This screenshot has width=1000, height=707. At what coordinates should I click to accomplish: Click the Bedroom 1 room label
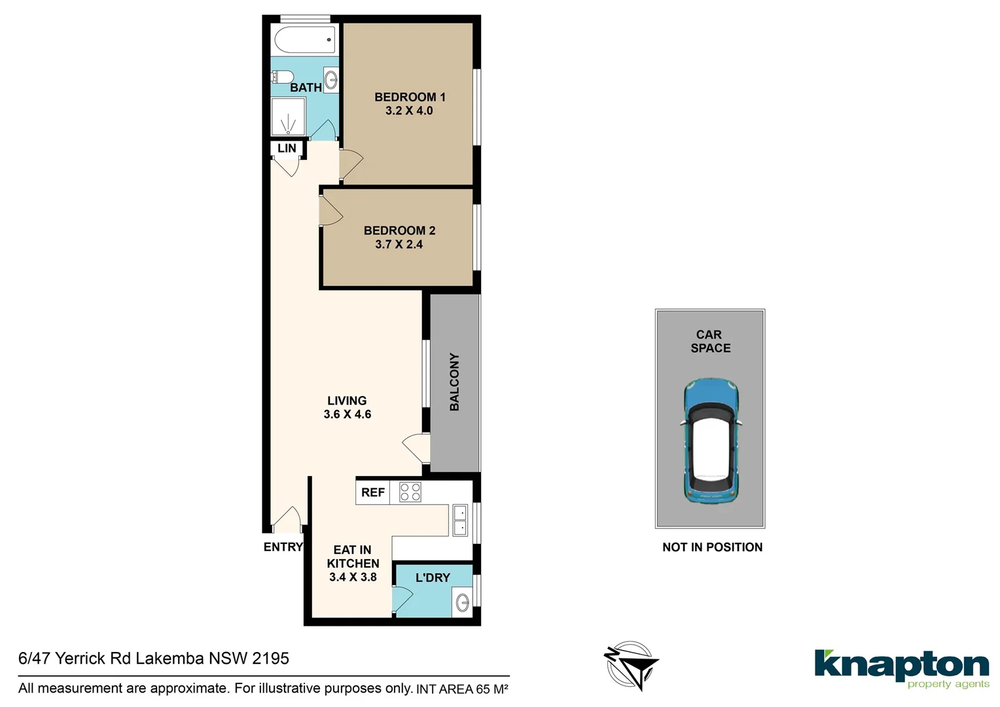pos(410,97)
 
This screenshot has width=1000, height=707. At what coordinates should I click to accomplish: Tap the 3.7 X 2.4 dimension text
pos(399,244)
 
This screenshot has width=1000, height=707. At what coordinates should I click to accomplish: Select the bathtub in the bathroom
pos(305,40)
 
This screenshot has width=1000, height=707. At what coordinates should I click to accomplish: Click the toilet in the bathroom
pos(280,77)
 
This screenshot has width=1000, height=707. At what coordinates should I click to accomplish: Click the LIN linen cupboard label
pos(287,149)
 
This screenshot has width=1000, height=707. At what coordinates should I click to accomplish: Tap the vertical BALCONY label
pos(455,382)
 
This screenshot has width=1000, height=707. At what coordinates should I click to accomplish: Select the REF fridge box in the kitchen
pos(373,492)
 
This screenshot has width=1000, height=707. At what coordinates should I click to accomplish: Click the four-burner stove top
pos(410,492)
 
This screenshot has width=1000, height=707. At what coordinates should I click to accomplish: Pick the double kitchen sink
pos(460,520)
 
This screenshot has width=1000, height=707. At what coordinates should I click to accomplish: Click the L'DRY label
pos(433,577)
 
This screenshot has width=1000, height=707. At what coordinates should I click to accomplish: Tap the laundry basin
pos(463,602)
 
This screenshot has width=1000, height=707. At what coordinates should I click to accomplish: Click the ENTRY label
pos(283,547)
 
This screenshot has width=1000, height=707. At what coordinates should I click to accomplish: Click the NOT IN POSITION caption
pos(712,547)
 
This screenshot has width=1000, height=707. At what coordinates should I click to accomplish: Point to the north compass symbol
pos(631,666)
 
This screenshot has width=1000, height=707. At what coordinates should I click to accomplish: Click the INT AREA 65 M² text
pos(462,689)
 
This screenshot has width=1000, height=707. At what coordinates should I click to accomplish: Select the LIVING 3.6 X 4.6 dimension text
pos(348,414)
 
